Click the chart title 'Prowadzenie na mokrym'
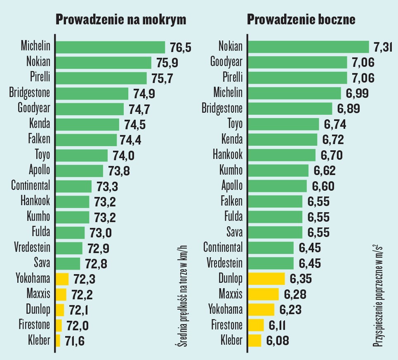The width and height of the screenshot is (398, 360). coord(121,20)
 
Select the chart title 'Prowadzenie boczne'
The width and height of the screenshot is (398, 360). coord(301,20)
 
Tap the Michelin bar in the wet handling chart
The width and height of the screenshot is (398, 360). coord(110,47)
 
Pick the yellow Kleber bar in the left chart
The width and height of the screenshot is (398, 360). coord(58,341)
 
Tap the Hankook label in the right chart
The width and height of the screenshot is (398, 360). coord(228,155)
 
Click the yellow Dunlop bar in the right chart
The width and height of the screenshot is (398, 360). coord(266,279)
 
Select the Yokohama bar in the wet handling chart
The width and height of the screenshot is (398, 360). coord(62,279)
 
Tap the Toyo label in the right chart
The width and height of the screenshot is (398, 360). coord(235,124)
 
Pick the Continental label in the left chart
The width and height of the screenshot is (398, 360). coord(31,186)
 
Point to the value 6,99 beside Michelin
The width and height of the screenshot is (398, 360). coord(357,93)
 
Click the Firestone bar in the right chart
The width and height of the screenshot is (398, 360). coord(256,325)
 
